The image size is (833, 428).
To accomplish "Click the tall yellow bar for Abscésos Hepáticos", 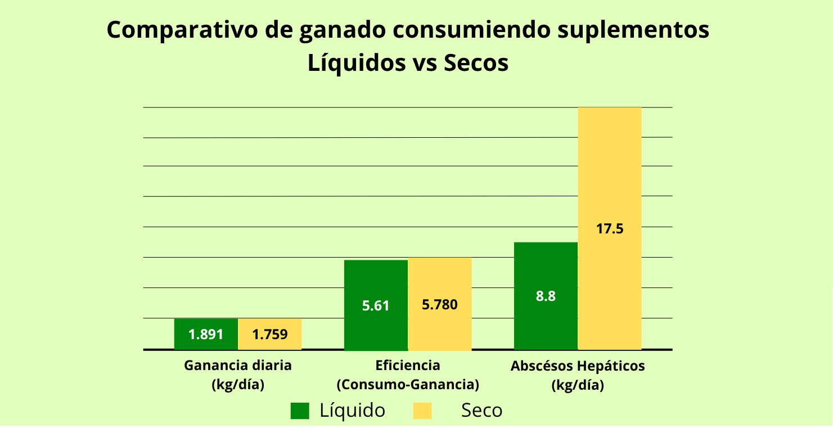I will [610, 169].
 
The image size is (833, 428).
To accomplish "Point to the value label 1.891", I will [206, 335].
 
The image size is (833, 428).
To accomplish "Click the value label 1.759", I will [270, 335].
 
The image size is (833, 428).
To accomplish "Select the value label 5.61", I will [376, 306].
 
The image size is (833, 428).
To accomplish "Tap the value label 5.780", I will [440, 305].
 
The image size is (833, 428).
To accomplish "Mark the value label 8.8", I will [546, 296].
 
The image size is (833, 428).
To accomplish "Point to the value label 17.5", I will [610, 229].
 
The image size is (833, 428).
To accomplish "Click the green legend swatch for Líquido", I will [300, 411].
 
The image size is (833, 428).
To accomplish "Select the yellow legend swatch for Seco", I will [422, 411].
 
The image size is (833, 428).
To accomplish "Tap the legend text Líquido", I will [353, 411].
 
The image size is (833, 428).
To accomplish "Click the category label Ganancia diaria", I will [238, 366].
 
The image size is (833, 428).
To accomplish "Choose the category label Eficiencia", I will [408, 366].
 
